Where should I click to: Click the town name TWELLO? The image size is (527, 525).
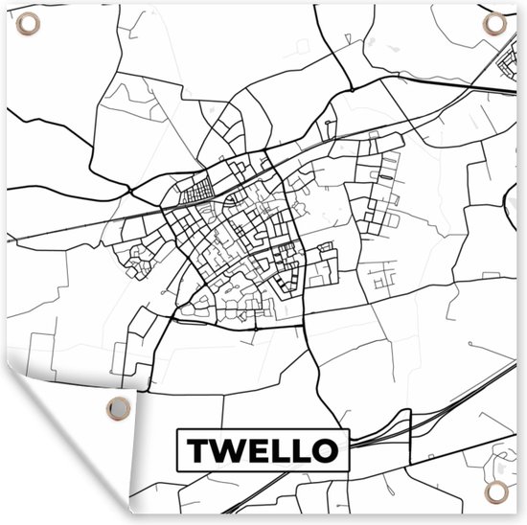tap(263, 449)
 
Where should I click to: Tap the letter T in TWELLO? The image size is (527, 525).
tap(196, 449)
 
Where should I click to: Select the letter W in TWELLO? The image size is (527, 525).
tap(227, 449)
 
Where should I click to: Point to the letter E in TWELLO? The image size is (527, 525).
tap(257, 449)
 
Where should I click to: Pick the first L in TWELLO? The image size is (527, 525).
tap(279, 449)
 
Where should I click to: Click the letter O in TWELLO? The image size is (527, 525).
tap(325, 449)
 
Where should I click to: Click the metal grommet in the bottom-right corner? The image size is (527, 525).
tap(495, 492)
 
